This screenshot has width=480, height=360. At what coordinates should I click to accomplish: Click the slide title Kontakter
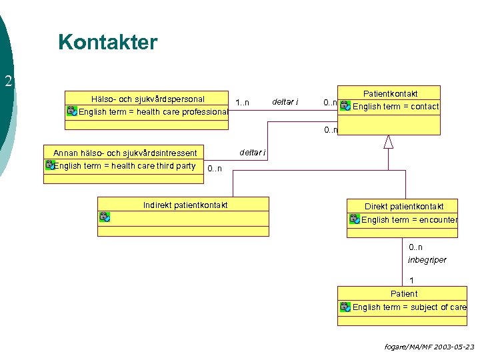[107, 43]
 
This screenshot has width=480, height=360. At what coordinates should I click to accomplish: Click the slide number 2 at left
[8, 82]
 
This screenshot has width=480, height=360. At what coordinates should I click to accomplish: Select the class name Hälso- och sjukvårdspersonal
[148, 99]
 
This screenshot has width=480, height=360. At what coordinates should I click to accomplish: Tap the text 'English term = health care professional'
[153, 111]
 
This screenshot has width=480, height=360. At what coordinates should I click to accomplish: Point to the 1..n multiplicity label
[242, 103]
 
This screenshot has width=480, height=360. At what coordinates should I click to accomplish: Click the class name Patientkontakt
[391, 93]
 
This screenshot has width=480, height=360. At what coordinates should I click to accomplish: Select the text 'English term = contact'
[395, 106]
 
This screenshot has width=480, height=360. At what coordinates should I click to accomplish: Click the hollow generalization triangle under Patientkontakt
[388, 141]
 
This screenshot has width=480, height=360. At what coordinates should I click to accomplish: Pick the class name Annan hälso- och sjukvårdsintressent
[125, 154]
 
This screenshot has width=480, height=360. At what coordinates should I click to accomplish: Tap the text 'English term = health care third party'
[125, 166]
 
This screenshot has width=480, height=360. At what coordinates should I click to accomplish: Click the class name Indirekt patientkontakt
[185, 205]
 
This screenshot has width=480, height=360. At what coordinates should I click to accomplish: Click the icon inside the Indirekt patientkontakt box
[105, 217]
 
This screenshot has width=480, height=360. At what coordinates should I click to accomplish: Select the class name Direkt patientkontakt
[403, 207]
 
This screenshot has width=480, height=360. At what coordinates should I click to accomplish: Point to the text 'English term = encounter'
[409, 219]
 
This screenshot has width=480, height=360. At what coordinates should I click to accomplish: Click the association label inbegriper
[427, 260]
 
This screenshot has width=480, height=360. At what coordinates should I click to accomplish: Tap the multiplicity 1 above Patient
[411, 281]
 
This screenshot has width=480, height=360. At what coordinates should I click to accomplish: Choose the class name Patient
[404, 293]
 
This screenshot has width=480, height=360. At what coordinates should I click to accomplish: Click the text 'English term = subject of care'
[409, 307]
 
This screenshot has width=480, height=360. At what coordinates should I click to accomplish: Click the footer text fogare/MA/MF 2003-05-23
[429, 347]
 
